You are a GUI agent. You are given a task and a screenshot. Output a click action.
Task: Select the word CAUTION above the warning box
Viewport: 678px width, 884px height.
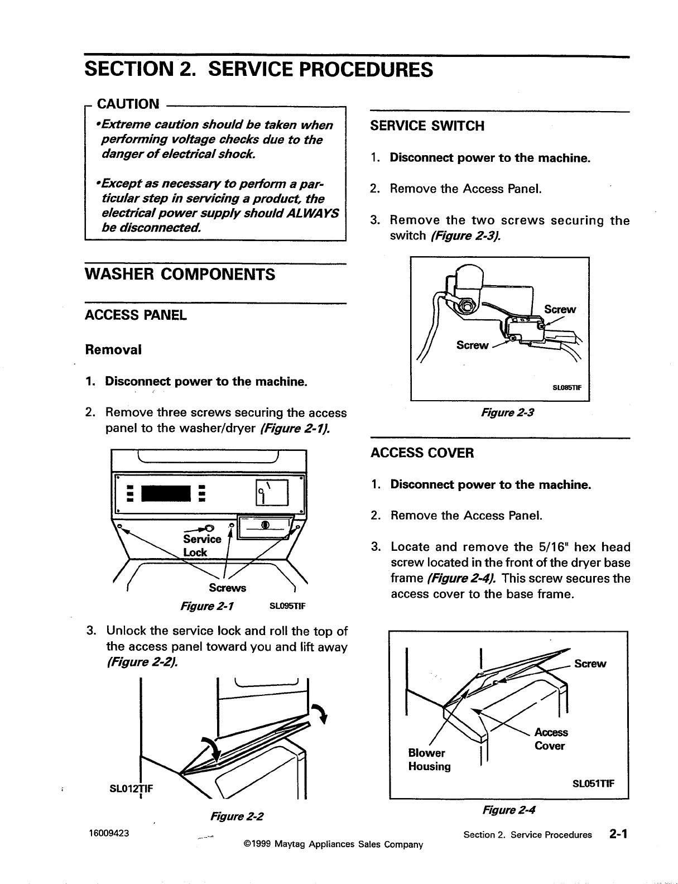click(x=128, y=104)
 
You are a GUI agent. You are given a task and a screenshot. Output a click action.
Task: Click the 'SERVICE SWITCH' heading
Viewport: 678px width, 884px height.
click(x=427, y=126)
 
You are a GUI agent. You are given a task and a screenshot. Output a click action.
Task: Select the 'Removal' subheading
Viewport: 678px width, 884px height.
click(x=113, y=350)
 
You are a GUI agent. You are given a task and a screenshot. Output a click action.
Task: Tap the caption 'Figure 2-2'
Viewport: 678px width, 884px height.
click(x=237, y=816)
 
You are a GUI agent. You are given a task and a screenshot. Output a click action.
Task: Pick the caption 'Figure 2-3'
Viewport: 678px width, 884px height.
click(x=500, y=414)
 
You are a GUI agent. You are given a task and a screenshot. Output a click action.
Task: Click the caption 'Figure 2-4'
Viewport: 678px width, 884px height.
click(x=509, y=809)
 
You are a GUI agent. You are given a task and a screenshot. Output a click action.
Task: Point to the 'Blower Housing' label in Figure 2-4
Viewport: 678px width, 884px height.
click(x=429, y=760)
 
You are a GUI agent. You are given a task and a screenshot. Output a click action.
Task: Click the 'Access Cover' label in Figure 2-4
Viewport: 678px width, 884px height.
click(x=550, y=739)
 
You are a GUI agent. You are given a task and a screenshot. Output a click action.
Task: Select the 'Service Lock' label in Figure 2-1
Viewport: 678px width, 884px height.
click(x=201, y=545)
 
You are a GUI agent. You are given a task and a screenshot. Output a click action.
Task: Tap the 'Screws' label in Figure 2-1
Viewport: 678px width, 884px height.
click(x=227, y=588)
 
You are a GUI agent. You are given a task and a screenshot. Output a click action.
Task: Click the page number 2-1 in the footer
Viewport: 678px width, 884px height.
click(x=618, y=834)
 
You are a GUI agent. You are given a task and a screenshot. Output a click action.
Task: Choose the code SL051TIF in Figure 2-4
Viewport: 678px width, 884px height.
click(x=594, y=783)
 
